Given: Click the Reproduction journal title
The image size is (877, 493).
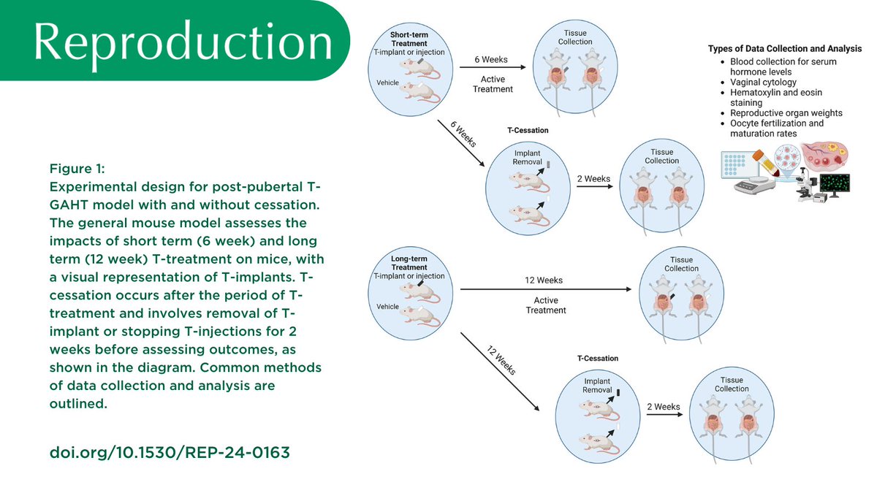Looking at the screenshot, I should click(183, 42).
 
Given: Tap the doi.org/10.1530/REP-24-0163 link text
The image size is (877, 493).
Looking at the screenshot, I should click(170, 452).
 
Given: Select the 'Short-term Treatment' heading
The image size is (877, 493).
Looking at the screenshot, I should click(409, 38).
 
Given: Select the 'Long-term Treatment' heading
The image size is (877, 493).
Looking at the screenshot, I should click(409, 262).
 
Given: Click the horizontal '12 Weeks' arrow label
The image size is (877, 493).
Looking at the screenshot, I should click(544, 280).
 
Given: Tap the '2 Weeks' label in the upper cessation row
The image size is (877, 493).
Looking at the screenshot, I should click(593, 179).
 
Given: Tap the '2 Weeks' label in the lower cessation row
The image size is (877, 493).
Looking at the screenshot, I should click(663, 407).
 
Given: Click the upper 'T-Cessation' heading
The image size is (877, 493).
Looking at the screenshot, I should click(527, 131).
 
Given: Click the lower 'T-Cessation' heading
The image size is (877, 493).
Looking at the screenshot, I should click(597, 359).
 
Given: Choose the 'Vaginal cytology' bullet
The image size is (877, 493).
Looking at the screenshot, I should click(763, 83).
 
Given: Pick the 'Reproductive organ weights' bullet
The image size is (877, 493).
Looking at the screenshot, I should click(786, 113).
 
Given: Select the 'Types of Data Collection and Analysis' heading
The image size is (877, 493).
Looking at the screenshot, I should click(784, 49).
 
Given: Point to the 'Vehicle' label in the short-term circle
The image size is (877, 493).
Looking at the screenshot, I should click(387, 83).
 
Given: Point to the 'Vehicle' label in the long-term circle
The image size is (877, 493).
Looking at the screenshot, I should click(387, 307).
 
